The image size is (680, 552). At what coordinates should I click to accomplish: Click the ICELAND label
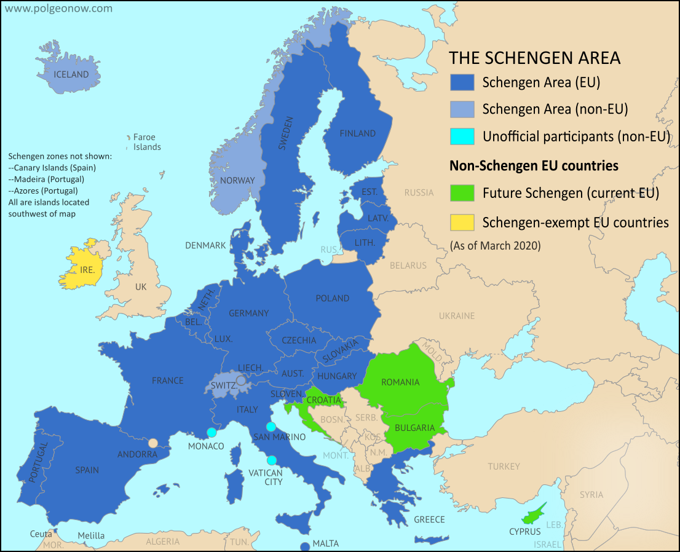(x=71, y=74)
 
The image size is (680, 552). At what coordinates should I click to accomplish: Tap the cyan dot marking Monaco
(x=212, y=432)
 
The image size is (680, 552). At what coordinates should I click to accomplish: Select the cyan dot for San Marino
(x=271, y=427)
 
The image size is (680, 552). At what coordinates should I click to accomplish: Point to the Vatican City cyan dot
(x=271, y=460)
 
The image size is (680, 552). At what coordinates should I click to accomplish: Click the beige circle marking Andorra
(x=152, y=443)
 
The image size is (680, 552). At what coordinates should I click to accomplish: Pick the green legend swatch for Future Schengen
(x=462, y=193)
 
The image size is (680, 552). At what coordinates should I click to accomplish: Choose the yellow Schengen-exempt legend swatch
(x=462, y=222)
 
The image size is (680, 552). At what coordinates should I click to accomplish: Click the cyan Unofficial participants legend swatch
(x=462, y=136)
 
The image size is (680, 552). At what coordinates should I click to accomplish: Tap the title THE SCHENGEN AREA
(x=534, y=58)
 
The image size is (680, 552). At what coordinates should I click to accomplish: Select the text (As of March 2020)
(x=495, y=246)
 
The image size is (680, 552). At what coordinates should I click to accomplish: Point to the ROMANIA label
(x=400, y=382)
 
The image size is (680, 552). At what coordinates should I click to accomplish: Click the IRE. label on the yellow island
(x=87, y=270)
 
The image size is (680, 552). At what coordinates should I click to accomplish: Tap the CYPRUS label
(x=524, y=531)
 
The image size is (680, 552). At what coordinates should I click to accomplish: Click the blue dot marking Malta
(x=304, y=546)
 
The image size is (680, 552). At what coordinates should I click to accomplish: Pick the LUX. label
(x=224, y=339)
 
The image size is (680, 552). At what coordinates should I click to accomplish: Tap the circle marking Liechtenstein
(x=242, y=380)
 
